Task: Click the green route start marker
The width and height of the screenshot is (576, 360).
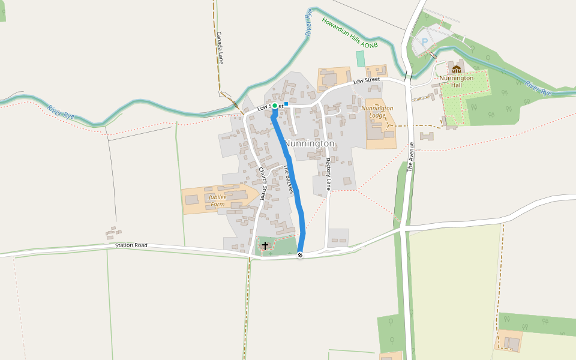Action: [275, 106]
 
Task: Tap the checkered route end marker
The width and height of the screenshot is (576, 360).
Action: [300, 255]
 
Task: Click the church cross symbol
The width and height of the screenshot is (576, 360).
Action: [265, 246]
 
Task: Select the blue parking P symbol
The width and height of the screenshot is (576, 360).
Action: [425, 42]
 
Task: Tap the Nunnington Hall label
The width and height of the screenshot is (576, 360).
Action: [457, 82]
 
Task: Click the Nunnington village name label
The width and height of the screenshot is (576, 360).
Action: [310, 144]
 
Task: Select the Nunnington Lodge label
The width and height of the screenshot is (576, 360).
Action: [377, 112]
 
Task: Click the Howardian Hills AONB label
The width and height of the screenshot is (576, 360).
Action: [350, 33]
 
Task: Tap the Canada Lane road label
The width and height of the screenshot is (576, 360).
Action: [220, 48]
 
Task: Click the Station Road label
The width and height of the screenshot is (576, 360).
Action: [131, 245]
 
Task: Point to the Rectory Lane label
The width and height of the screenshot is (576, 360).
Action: [328, 174]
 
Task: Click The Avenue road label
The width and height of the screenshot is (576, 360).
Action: [412, 157]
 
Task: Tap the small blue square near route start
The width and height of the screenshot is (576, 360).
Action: [286, 104]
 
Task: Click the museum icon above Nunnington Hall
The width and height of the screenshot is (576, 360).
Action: [457, 69]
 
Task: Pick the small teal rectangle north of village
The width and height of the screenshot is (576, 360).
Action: [361, 59]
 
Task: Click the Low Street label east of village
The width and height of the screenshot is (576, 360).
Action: [367, 80]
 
